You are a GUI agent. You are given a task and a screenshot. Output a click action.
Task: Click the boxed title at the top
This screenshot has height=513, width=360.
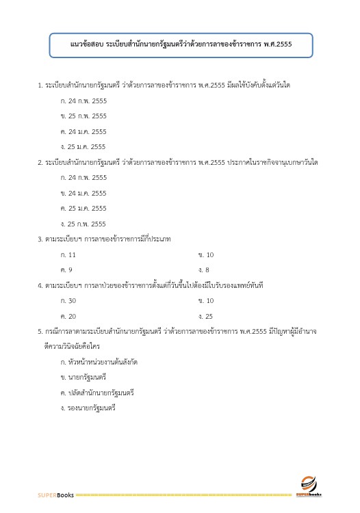point(181,46)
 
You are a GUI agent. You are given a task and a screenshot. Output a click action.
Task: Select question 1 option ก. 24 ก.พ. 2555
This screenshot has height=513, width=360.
point(83,101)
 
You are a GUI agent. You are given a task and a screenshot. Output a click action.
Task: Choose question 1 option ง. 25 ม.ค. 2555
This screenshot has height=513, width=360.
point(83,146)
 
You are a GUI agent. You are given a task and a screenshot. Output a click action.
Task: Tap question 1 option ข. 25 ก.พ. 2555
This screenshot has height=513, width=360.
point(83,116)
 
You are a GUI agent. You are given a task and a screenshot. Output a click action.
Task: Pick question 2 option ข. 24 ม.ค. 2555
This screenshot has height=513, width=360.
point(83,193)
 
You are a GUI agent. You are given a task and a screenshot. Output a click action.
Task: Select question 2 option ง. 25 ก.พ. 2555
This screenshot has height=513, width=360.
point(83,224)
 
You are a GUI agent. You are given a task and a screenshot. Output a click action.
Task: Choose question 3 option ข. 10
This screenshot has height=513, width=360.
point(206,254)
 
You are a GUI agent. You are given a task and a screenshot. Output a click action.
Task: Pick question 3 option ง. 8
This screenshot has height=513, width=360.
point(204,269)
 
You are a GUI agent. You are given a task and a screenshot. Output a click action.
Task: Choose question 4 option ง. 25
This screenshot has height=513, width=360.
point(205,316)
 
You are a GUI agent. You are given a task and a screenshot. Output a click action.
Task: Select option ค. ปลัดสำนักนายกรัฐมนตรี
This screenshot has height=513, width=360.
point(97,393)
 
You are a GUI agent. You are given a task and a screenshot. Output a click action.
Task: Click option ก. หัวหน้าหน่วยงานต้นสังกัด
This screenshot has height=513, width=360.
point(94,361)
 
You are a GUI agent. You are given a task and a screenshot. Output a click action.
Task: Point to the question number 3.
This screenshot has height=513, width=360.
point(40,239)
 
